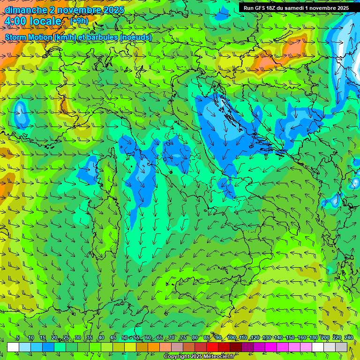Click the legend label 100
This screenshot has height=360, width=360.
click(232, 338)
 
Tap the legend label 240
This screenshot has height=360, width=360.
click(349, 338)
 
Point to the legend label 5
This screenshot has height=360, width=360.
click(18, 338)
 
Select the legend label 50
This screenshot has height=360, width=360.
click(125, 338)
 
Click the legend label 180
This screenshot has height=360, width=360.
click(314, 338)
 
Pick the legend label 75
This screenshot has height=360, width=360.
click(183, 338)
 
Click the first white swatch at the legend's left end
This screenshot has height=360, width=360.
click(13, 347)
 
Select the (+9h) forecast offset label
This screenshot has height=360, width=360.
click(79, 21)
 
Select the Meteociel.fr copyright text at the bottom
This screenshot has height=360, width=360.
click(199, 357)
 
